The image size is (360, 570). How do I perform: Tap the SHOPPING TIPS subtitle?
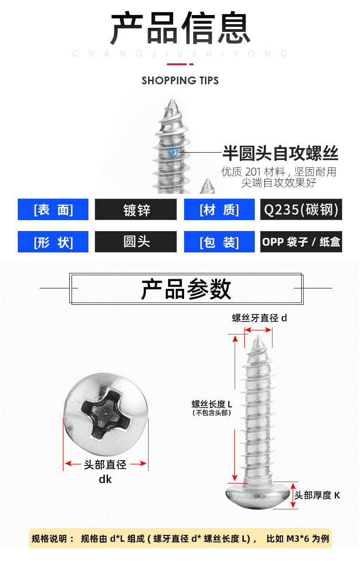point(180,81)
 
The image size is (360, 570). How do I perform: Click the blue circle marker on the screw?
point(173,152)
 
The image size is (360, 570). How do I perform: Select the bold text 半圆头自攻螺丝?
point(280,154)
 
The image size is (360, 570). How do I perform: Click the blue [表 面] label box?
point(53,210)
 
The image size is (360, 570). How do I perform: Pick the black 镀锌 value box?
point(136,210)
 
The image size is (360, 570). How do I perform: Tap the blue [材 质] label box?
point(219,210)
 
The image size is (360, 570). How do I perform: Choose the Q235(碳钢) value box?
point(301,210)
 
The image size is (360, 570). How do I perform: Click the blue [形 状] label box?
point(53,242)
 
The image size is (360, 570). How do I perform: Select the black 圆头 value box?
point(136,242)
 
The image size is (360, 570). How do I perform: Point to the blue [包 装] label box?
point(219,242)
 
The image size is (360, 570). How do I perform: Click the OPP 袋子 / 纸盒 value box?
point(301,242)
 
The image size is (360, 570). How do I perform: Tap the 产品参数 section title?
point(186,288)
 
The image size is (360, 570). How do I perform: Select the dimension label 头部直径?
point(105,465)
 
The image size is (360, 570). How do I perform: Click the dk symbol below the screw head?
point(105,479)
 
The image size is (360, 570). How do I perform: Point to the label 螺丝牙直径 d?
point(259,318)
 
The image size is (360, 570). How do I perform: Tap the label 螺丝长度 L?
point(212,404)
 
